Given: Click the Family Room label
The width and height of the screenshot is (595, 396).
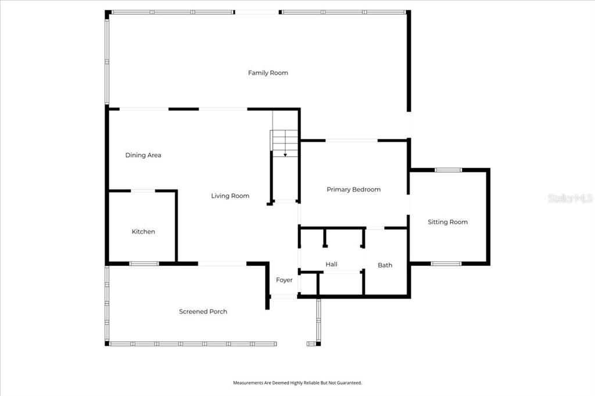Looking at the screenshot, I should [268, 73].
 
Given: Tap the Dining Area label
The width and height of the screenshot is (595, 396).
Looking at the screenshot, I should [143, 155].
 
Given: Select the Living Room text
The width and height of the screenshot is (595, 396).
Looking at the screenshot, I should [230, 196].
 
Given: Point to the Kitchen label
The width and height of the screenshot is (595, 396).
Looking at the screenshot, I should [143, 232].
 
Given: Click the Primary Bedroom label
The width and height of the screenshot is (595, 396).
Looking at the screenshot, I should [353, 189].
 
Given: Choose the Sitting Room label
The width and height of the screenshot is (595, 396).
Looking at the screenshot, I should [447, 222].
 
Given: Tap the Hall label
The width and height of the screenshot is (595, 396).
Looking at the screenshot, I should [331, 264].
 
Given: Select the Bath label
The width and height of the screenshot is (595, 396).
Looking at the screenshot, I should [385, 265].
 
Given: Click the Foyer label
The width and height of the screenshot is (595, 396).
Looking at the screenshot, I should [284, 280].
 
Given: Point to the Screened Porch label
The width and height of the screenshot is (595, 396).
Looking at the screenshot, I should [203, 312].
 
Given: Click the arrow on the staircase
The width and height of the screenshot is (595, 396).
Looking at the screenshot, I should [285, 154].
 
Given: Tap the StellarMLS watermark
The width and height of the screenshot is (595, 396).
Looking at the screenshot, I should [570, 199].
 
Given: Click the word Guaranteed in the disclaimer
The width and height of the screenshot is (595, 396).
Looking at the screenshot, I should [347, 383].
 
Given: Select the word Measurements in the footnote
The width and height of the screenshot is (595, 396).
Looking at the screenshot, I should [249, 383].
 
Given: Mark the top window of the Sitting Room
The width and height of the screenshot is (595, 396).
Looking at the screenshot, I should [448, 170].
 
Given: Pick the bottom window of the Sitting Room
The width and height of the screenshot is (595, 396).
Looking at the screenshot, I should [446, 264].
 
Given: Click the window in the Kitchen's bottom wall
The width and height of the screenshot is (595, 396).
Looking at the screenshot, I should [144, 264].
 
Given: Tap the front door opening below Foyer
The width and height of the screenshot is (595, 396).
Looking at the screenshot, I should [284, 297].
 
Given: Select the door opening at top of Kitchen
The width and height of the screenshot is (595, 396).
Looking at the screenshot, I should [143, 190].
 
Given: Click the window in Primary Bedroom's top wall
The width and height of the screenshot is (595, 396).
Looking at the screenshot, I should [352, 140].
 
